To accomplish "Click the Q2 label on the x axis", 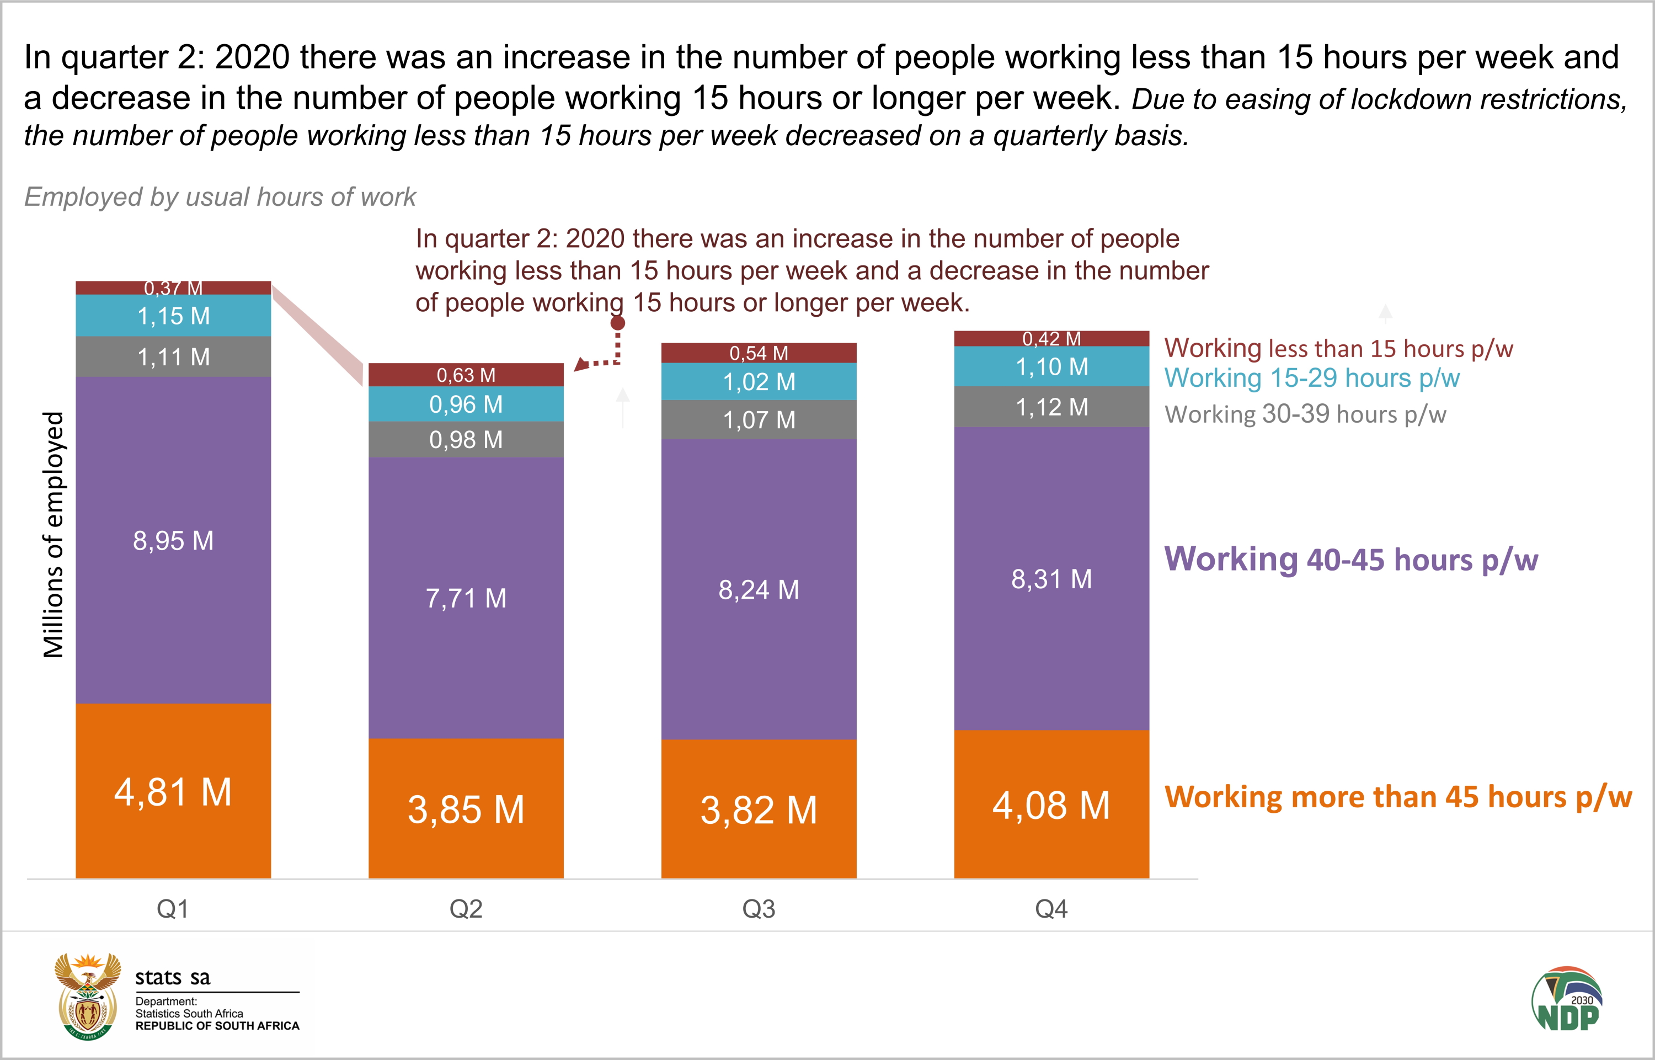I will coord(466,909).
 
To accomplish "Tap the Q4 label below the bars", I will coord(1051,909).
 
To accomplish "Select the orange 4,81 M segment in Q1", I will coord(173,792).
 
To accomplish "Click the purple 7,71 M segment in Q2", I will coord(466,598).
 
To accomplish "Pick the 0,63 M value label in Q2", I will coord(466,375).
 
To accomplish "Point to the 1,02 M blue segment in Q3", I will coord(759,382).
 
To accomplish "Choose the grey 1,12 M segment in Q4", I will coord(1051,407).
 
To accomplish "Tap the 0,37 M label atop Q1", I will coord(173,287).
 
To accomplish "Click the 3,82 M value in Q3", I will coord(759,809).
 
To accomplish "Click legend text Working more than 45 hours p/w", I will coord(1397,797).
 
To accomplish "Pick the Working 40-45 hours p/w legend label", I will coord(1350,559).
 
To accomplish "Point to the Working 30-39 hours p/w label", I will coord(1305,414).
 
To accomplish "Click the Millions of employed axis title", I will coord(53,535).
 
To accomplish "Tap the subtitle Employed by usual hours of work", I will coord(220,197).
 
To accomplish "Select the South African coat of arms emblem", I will coord(87,996).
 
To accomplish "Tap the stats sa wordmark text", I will coord(172,977).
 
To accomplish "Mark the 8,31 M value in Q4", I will coord(1051,579).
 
